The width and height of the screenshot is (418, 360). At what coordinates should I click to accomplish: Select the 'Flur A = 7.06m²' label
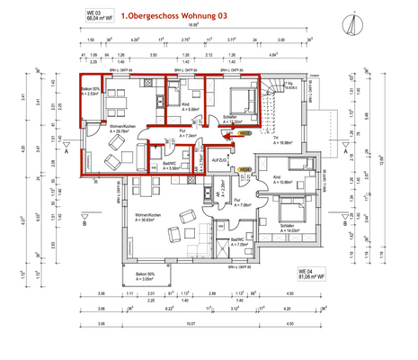[x=241, y=203]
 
